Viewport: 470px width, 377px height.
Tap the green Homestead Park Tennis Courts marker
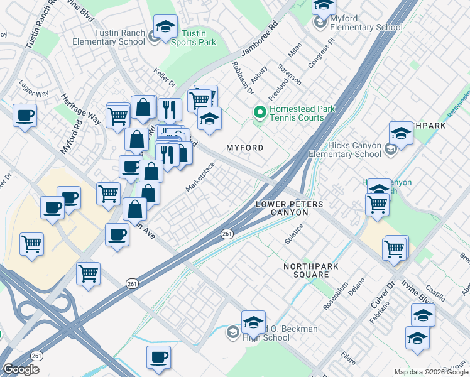pyautogui.click(x=258, y=113)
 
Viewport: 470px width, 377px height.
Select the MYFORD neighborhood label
pyautogui.click(x=244, y=147)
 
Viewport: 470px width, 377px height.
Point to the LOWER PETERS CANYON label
pyautogui.click(x=290, y=209)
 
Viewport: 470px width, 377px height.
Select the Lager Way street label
pyautogui.click(x=34, y=90)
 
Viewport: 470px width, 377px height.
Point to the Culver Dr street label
pyautogui.click(x=391, y=293)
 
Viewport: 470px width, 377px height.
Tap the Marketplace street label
pyautogui.click(x=200, y=177)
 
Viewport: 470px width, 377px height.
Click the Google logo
pyautogui.click(x=21, y=369)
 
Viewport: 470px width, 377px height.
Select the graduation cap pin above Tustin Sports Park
pyautogui.click(x=165, y=27)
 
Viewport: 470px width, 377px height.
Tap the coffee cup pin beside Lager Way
pyautogui.click(x=25, y=116)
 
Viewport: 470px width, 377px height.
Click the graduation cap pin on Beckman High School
pyautogui.click(x=253, y=323)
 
